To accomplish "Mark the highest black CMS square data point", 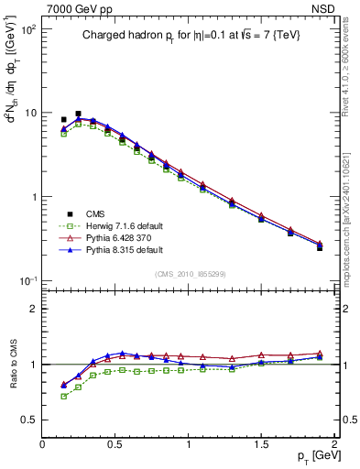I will (78, 114).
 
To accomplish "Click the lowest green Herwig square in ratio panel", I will (63, 397).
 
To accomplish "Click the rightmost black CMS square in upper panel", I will (320, 247).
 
